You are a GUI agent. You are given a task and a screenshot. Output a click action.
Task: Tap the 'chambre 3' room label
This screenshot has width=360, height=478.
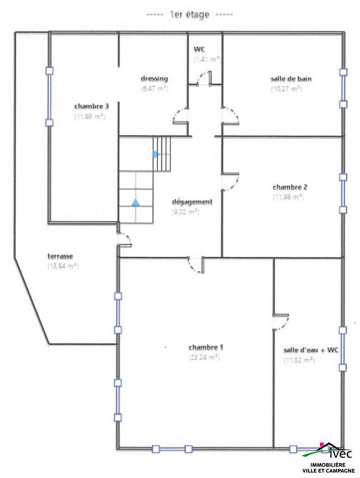91,106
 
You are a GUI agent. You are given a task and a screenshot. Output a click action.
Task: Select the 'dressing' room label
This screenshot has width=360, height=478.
154,78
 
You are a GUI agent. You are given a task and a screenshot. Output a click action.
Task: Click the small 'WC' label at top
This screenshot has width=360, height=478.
200,49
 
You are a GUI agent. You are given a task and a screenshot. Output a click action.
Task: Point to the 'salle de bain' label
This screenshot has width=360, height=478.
291,78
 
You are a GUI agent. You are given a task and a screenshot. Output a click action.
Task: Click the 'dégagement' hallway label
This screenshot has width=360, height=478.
191,201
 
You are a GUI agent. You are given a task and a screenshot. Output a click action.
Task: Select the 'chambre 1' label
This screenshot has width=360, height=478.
206,347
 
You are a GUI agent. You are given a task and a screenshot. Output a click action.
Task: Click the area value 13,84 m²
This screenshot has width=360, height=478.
63,266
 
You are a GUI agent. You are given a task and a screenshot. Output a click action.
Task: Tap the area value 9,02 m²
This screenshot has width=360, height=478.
185,212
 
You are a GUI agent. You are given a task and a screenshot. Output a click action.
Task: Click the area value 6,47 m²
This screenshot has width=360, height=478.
154,88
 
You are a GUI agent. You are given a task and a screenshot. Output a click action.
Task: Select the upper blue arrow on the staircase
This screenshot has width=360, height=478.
156,154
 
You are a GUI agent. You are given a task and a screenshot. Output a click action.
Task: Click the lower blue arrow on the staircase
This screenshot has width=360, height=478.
136,202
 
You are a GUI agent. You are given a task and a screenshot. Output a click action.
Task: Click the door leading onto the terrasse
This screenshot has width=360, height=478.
124,239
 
